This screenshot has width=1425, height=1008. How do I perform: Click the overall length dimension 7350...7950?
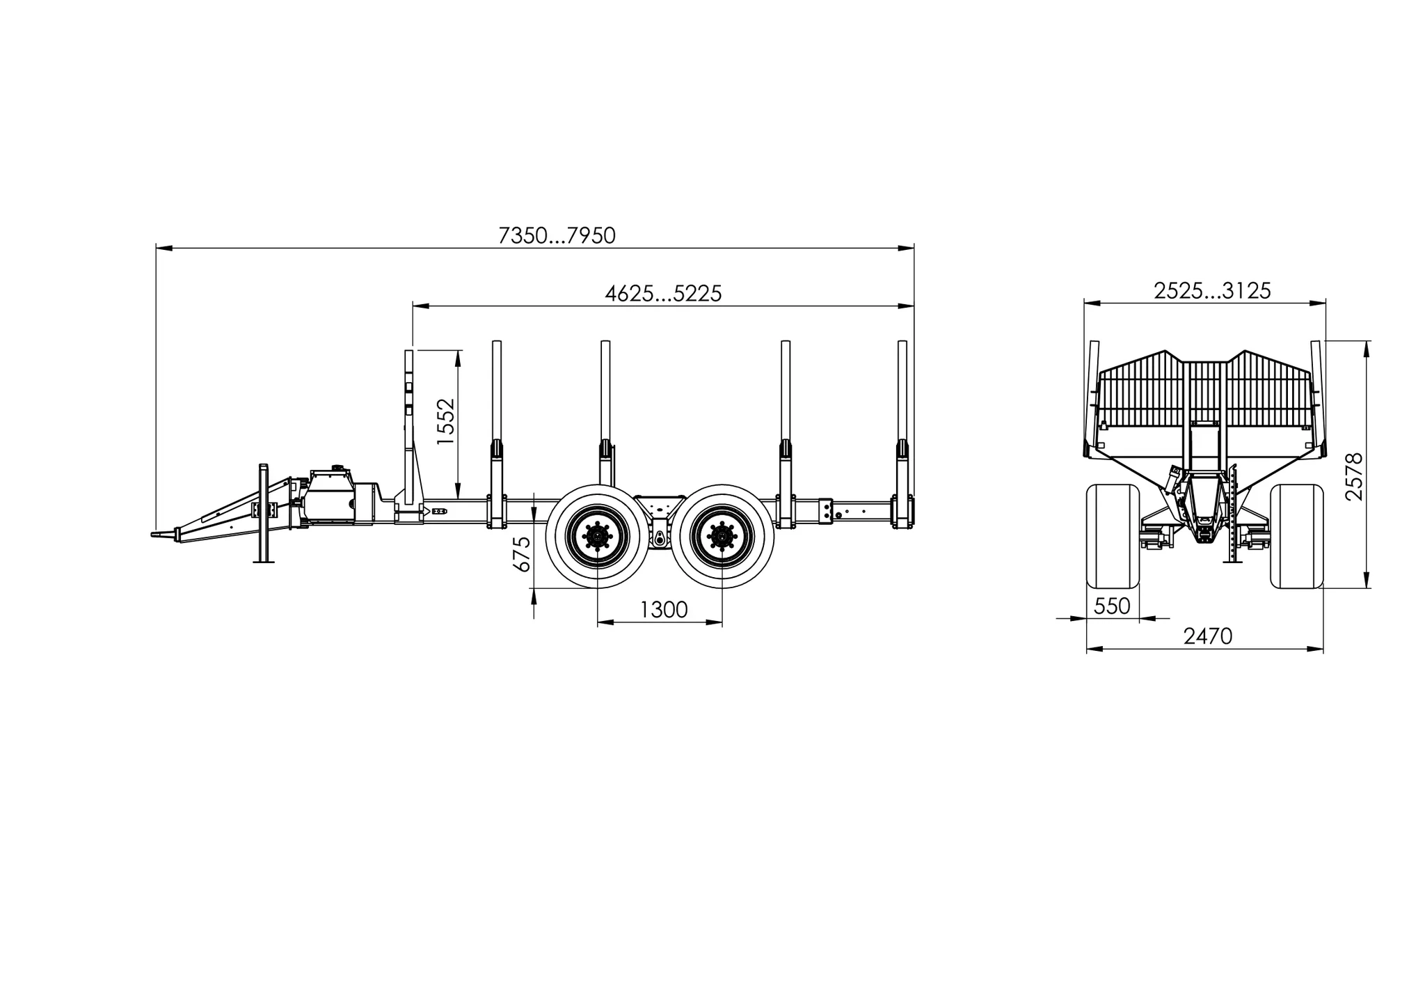pos(557,236)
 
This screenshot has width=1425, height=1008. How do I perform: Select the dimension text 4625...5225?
pos(663,294)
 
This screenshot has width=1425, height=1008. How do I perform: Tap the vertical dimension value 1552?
pos(445,422)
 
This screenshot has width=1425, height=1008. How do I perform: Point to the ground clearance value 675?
pos(521,554)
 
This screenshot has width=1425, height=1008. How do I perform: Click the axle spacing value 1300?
pos(663,610)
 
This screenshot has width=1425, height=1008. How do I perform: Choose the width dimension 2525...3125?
pos(1212,291)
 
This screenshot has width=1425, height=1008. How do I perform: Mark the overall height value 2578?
pos(1354,477)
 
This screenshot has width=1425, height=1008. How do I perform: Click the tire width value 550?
pos(1112,606)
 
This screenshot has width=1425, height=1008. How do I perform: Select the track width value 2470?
pos(1208,636)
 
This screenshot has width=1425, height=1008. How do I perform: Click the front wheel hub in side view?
pos(598,537)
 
